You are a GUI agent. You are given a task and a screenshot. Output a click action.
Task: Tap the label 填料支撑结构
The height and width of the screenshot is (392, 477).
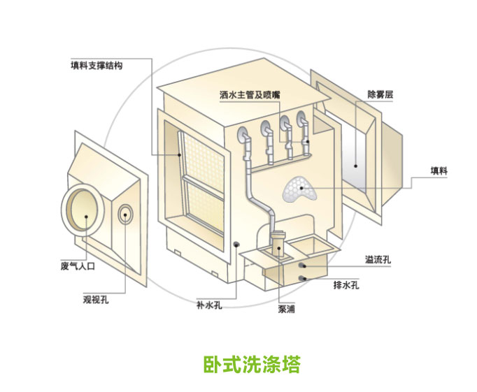97,66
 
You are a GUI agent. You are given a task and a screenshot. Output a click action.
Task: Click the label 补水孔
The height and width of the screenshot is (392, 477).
208,305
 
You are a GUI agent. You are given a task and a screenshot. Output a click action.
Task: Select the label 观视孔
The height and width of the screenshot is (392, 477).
96,300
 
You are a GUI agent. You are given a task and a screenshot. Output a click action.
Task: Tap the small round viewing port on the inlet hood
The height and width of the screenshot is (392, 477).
127,213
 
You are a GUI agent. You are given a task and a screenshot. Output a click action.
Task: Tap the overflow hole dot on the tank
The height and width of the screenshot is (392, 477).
303,266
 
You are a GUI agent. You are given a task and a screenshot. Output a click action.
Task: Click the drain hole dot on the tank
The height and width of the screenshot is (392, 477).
302,279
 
